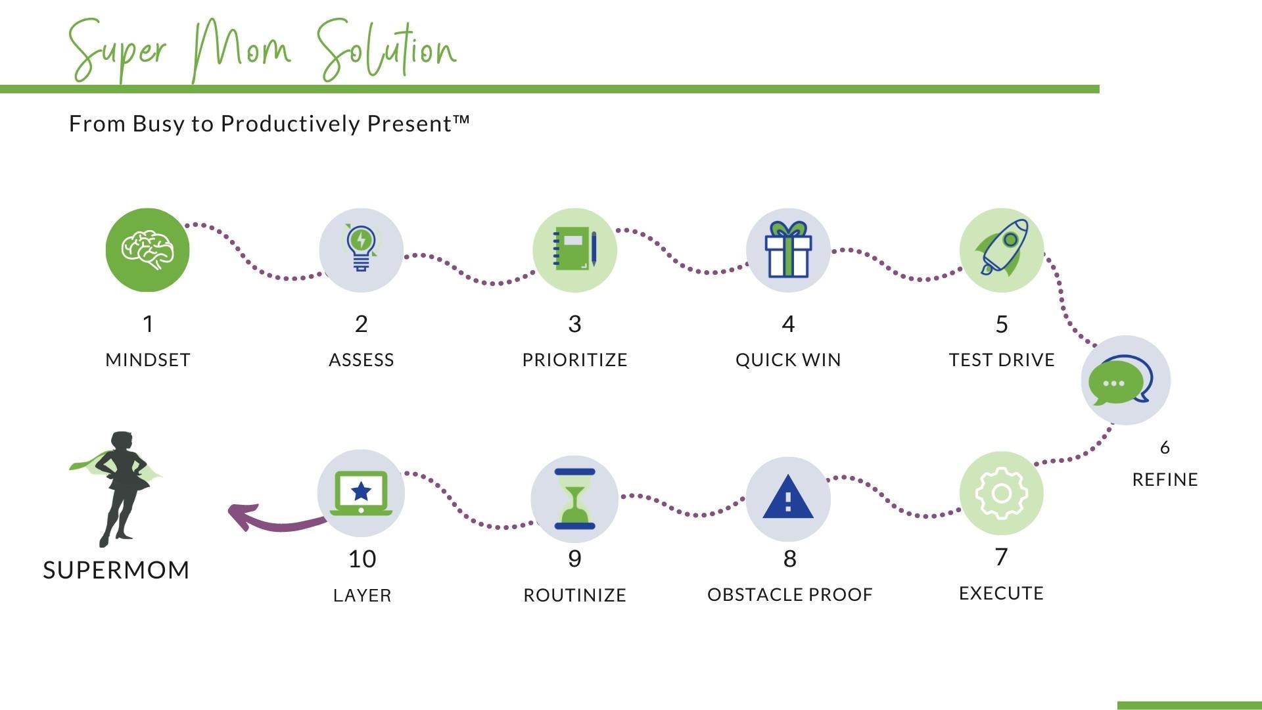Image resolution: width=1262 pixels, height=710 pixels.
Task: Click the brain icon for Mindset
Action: (x=147, y=250)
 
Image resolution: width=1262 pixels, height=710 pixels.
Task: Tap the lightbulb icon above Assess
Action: (x=361, y=248)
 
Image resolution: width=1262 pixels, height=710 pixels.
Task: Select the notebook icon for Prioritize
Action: (x=574, y=250)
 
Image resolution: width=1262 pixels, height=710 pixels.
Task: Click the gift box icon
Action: (x=788, y=250)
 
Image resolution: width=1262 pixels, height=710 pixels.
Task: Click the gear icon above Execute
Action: (x=1001, y=493)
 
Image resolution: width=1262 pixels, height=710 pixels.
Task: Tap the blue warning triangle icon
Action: (x=788, y=498)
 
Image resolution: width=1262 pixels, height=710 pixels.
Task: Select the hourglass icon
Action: (x=574, y=499)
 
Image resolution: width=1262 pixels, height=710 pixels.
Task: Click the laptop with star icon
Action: (x=361, y=493)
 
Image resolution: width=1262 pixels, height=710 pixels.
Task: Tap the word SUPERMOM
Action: (x=116, y=570)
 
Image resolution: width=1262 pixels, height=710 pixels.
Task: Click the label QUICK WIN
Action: (x=788, y=360)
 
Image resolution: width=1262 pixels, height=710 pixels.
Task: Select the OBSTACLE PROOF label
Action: (x=789, y=595)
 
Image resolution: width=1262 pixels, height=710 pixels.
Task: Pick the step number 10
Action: (x=362, y=559)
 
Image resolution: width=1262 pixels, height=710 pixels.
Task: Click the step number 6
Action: (x=1165, y=448)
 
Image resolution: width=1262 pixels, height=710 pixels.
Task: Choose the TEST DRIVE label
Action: (x=1002, y=360)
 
